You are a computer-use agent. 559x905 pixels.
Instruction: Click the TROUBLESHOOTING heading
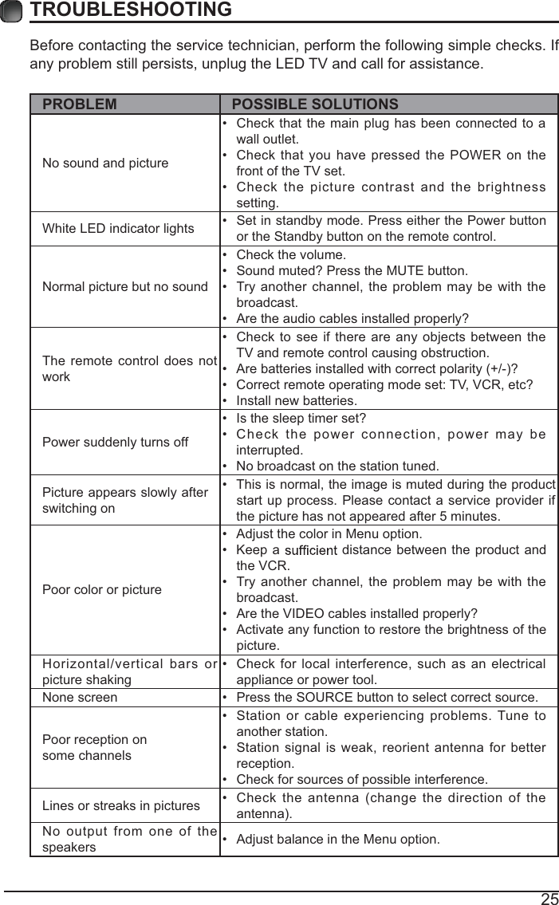131,10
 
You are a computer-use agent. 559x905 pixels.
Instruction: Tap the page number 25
549,899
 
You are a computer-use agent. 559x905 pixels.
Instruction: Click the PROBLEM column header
79,104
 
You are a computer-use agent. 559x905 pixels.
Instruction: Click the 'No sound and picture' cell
105,163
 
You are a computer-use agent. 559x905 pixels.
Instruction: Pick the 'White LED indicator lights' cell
118,229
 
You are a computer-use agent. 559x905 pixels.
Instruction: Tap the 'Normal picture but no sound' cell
124,286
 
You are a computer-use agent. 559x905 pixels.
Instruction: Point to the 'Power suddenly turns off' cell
115,442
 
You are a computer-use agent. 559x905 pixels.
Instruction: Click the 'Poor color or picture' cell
101,590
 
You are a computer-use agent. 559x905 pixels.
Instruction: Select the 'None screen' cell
79,698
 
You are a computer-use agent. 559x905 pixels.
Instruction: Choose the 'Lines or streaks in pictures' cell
120,806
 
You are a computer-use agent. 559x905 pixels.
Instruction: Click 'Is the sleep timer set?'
301,419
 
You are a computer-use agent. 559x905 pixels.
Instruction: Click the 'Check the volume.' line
291,255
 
